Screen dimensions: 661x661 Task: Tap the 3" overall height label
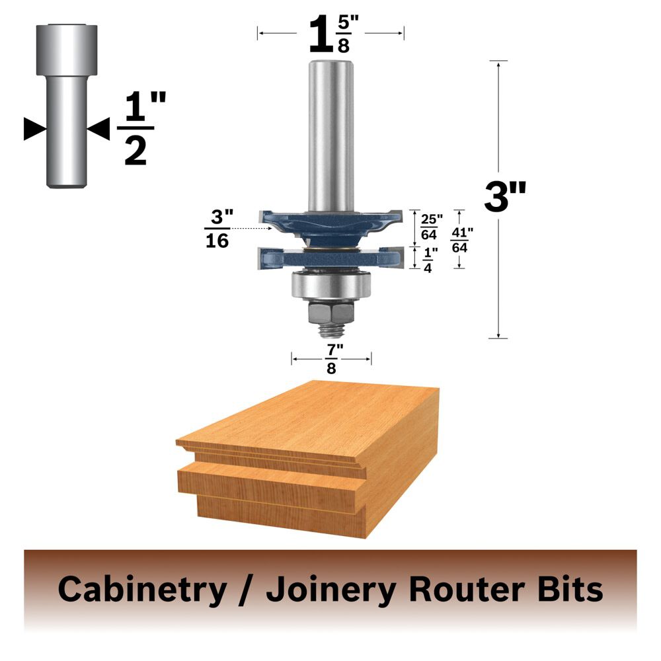(x=505, y=196)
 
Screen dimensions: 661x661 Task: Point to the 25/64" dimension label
(x=431, y=227)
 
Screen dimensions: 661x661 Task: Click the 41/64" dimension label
(x=462, y=240)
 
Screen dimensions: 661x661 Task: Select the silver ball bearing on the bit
(x=331, y=285)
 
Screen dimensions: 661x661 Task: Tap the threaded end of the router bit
(x=331, y=330)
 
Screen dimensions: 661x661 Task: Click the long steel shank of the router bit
(x=331, y=136)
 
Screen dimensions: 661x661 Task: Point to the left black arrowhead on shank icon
(x=35, y=129)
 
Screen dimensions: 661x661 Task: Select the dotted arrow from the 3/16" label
(x=252, y=229)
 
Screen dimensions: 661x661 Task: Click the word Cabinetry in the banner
(x=143, y=590)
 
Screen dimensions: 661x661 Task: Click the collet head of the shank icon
(x=67, y=50)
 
